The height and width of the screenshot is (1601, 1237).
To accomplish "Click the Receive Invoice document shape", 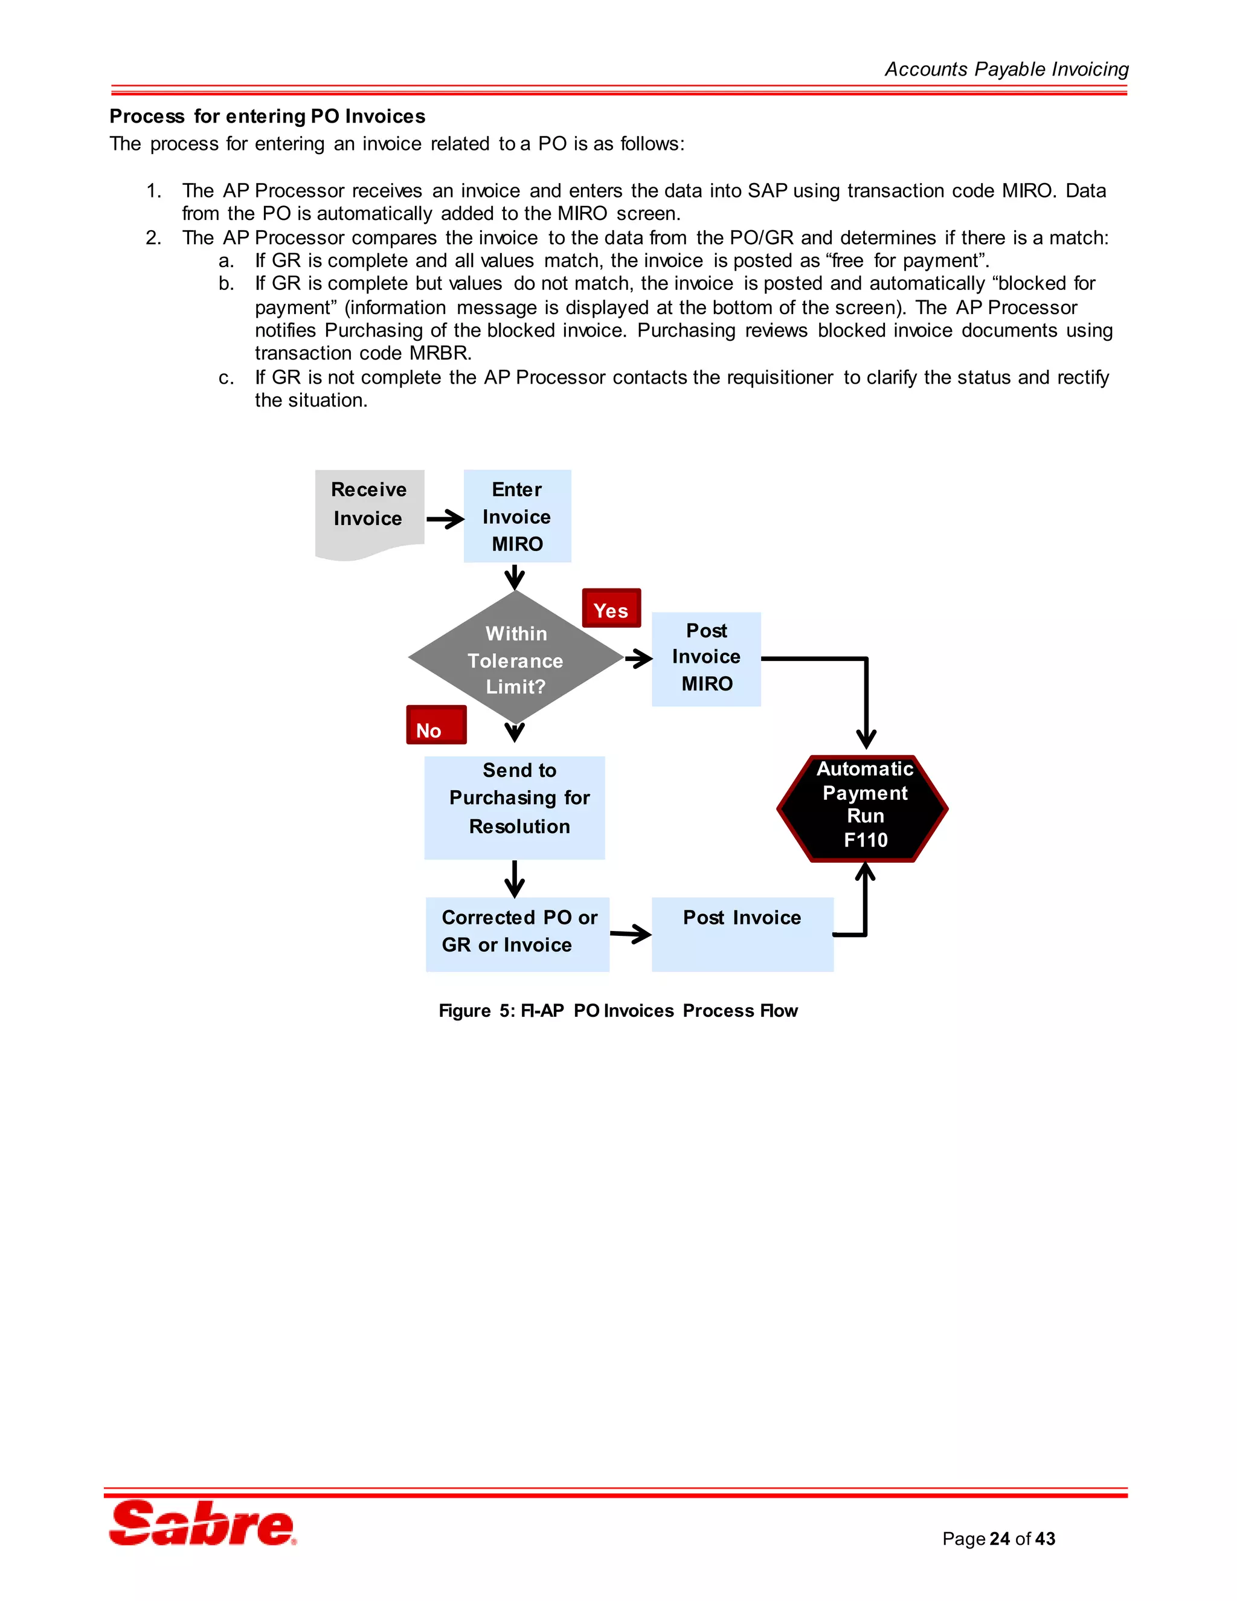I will [x=369, y=512].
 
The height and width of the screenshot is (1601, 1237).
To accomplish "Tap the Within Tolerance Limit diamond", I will [x=516, y=657].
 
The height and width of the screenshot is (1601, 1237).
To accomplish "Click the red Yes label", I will [x=611, y=608].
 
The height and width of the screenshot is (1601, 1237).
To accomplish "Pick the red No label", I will [x=436, y=726].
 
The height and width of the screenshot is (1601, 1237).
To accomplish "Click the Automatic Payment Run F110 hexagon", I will [x=863, y=808].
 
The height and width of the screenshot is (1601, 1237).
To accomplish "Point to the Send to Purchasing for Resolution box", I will [x=515, y=807].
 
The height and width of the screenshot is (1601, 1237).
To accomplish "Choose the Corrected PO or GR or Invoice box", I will [x=518, y=934].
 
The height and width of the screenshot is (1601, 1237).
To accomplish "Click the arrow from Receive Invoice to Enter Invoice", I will [x=445, y=520].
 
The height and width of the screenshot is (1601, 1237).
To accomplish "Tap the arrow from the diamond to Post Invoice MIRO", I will [x=638, y=659].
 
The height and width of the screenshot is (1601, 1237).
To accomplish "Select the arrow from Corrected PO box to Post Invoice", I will [x=630, y=934].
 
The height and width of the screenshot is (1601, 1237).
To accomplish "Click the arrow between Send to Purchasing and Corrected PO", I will [x=515, y=878].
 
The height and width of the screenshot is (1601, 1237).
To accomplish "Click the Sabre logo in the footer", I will [x=202, y=1523].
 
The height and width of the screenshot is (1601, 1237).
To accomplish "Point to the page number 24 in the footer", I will [x=1000, y=1539].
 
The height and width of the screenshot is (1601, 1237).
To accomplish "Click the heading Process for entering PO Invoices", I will [x=268, y=117].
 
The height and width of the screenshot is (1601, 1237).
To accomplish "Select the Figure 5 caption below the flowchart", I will [x=618, y=1011].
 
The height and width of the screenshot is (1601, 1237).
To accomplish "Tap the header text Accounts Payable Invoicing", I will [x=1006, y=69].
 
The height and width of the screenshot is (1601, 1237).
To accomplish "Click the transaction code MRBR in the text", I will [x=439, y=353].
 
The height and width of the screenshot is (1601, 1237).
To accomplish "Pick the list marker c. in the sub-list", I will [x=227, y=378].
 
